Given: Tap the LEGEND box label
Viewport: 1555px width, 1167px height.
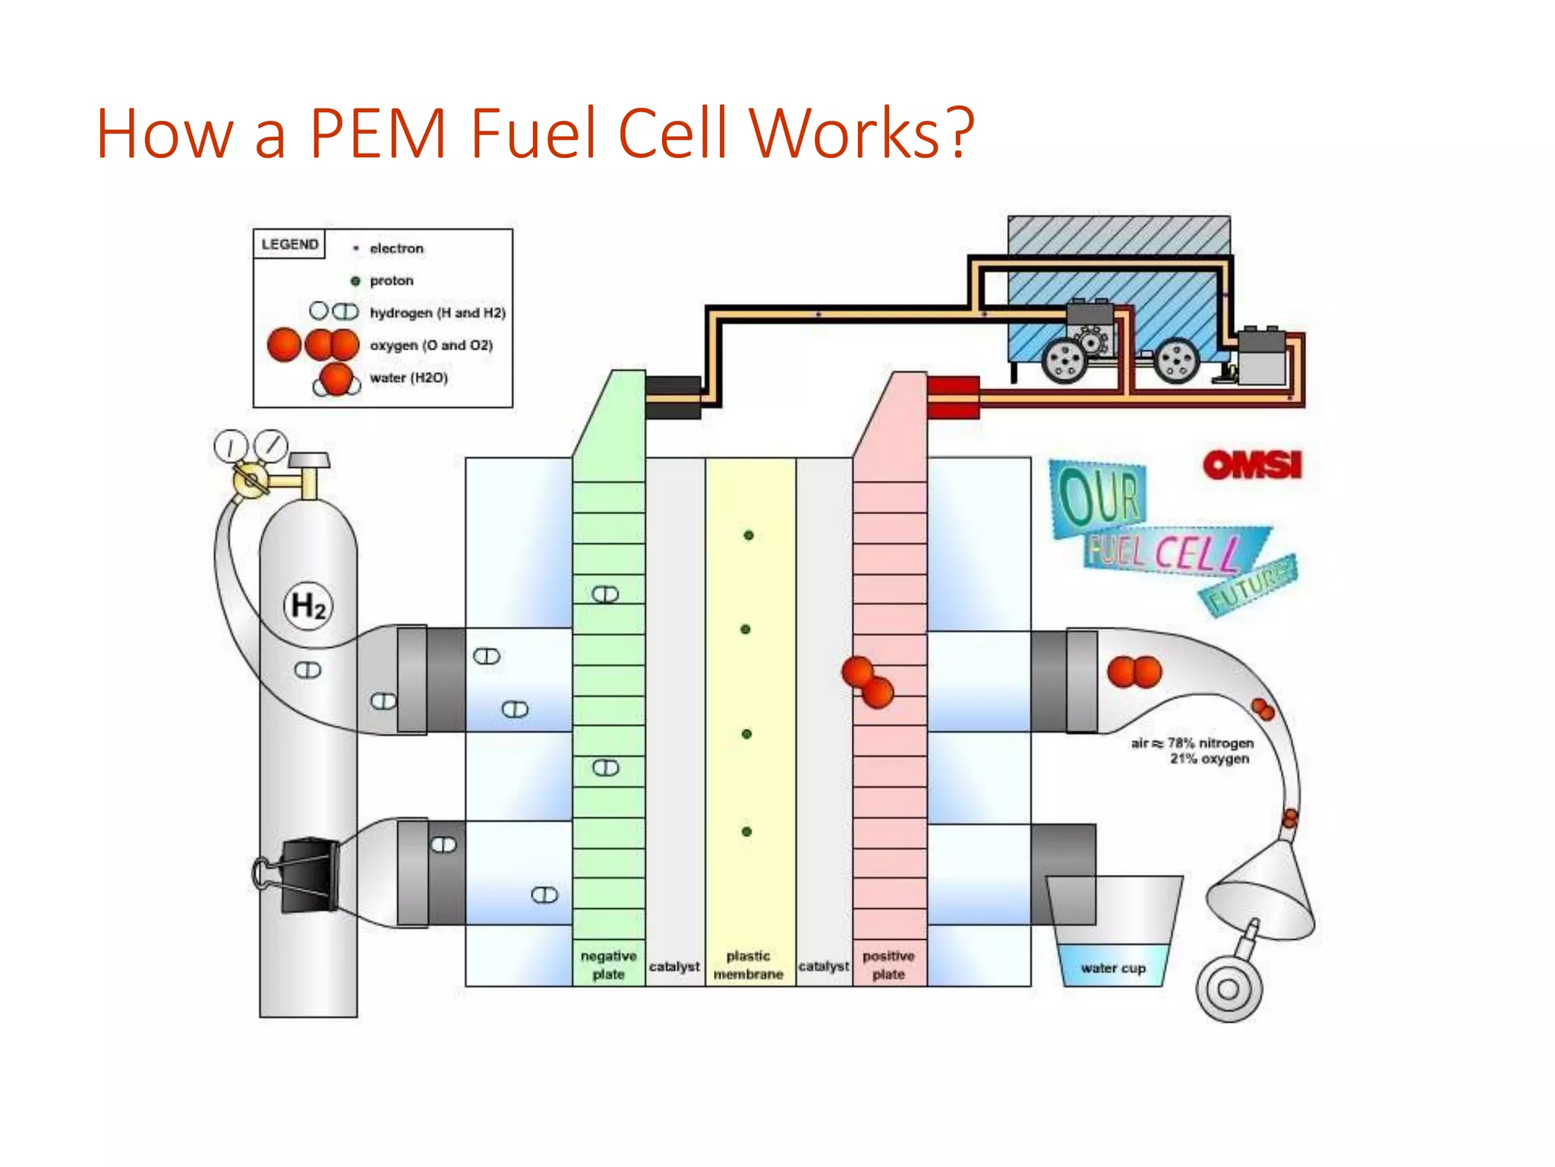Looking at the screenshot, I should pos(289,244).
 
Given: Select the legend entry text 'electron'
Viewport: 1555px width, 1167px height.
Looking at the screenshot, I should pos(396,248).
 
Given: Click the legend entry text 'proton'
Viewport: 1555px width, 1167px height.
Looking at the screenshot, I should pos(391,280).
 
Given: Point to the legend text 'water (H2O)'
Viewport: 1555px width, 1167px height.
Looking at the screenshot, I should pos(408,378).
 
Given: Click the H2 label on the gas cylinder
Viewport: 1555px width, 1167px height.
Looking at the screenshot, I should pos(308,606).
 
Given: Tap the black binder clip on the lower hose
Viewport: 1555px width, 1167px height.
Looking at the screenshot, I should pos(308,874).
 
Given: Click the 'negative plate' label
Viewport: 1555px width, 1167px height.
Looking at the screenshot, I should pos(608,965).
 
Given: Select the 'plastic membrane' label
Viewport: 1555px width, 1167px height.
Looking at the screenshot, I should pos(748,965).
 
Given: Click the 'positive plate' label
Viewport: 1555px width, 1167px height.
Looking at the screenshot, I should pos(888,965).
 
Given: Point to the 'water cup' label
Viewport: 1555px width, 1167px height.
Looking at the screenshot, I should pos(1113,968).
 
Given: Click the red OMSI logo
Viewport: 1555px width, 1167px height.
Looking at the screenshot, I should pos(1252,465).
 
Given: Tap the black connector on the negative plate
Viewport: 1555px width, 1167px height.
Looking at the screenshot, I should pos(673,397).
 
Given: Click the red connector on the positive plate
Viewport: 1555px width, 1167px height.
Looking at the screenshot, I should pos(953,397).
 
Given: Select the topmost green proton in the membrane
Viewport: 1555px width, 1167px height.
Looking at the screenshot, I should pos(749,536).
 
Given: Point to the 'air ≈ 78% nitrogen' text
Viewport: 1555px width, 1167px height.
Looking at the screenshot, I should pos(1192,743).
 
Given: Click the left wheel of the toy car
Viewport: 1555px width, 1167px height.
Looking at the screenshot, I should pos(1065,359).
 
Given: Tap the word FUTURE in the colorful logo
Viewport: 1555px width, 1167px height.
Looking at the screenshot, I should pos(1249,586).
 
